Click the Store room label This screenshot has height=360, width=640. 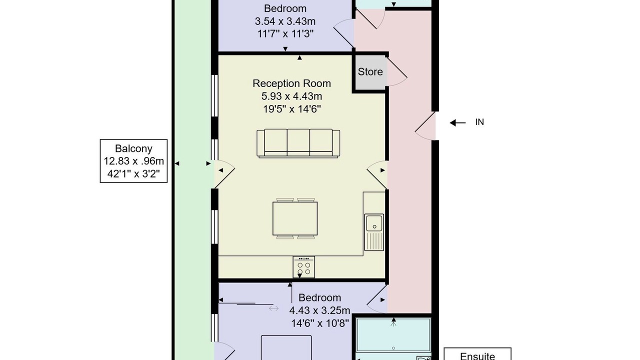pos(370,71)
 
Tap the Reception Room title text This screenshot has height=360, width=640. pos(291,83)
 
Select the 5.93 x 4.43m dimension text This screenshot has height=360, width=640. pos(291,96)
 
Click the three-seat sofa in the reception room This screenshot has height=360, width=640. pos(298,143)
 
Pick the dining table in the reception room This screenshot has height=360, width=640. pos(295,218)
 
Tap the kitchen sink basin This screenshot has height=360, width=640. pos(374,222)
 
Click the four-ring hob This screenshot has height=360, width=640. pos(303,267)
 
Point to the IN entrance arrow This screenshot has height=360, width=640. pos(457,123)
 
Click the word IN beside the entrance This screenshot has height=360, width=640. pos(479,122)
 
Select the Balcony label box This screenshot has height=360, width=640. pos(133,161)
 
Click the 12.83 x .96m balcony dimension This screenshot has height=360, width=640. pos(133,161)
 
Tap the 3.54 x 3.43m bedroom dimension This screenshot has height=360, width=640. pos(285,21)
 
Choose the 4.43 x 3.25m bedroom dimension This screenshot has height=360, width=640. pos(319,310)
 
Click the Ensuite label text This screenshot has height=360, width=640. pos(477,356)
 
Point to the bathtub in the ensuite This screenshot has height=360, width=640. pos(393,335)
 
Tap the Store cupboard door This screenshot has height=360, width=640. pos(396,71)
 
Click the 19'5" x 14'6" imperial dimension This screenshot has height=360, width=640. pos(291,109)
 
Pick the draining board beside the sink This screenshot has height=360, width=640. pos(374,241)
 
